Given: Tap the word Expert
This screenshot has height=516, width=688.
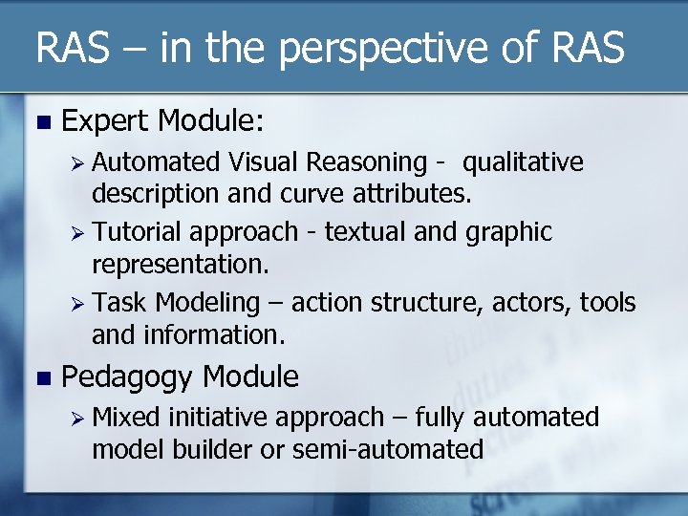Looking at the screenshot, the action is tap(105, 121).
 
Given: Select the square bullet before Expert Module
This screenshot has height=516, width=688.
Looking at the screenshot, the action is tap(39, 122).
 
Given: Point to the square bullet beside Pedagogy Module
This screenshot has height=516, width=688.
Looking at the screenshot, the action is tap(39, 377).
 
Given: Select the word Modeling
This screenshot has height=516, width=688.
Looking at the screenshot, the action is tap(207, 304).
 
